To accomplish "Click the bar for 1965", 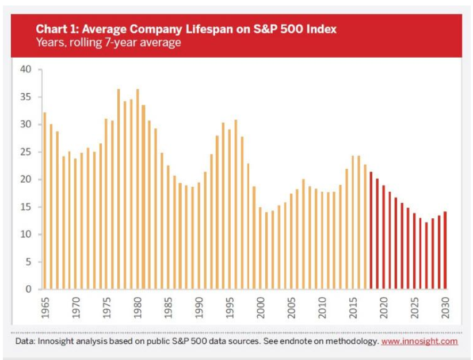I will [44, 201].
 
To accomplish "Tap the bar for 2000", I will [260, 248].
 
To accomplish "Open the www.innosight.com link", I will [419, 341].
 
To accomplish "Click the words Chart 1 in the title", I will [55, 29].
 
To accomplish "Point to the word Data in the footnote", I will [25, 341].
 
